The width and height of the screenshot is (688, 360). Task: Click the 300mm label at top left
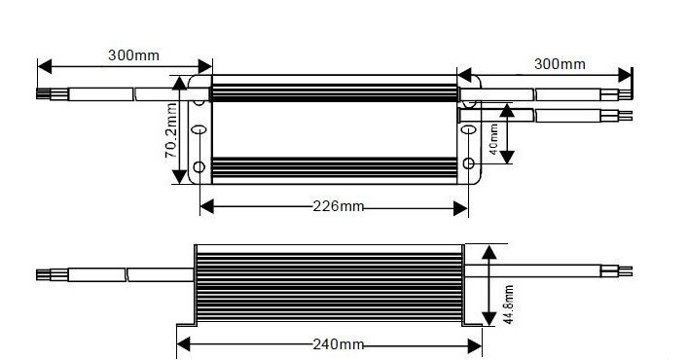[x=134, y=55]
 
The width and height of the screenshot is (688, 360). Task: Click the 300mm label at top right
[x=560, y=64]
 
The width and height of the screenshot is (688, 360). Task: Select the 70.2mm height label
[x=170, y=130]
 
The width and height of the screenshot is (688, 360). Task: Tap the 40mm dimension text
[x=493, y=139]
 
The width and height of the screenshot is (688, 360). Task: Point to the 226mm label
[x=339, y=206]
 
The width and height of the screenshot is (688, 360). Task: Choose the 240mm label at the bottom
[x=339, y=344]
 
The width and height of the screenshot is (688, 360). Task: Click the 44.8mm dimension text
[x=508, y=305]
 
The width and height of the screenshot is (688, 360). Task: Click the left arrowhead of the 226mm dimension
[x=206, y=207]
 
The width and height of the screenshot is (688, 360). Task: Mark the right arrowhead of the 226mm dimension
[x=460, y=208]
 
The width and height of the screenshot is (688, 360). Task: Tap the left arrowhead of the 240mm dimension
[x=183, y=344]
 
